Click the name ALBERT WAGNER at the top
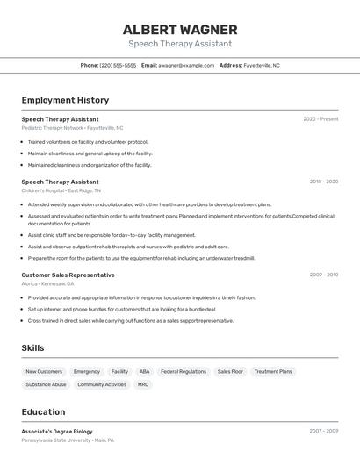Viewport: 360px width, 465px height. pyautogui.click(x=180, y=30)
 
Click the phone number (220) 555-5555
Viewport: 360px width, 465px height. pyautogui.click(x=118, y=66)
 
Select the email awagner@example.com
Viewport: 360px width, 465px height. pyautogui.click(x=186, y=66)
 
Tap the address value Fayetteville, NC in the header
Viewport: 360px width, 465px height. pyautogui.click(x=262, y=66)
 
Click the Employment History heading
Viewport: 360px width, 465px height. pyautogui.click(x=65, y=100)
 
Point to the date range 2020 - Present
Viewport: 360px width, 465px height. pyautogui.click(x=320, y=119)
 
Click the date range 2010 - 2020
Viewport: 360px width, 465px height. pyautogui.click(x=323, y=182)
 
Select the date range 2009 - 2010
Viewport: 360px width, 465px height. pyautogui.click(x=323, y=275)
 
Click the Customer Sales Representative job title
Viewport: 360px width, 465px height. pyautogui.click(x=68, y=275)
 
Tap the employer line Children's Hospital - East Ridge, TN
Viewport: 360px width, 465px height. pyautogui.click(x=61, y=190)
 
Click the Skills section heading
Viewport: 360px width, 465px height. pyautogui.click(x=32, y=348)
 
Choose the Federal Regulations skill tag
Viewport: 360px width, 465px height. pyautogui.click(x=184, y=372)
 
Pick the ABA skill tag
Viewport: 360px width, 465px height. pyautogui.click(x=144, y=372)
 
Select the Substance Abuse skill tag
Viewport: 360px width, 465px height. pyautogui.click(x=46, y=384)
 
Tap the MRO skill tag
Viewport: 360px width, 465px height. pyautogui.click(x=143, y=384)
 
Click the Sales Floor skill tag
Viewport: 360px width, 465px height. pyautogui.click(x=230, y=372)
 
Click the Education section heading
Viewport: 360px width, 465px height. pyautogui.click(x=43, y=412)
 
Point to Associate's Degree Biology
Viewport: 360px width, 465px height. pyautogui.click(x=57, y=431)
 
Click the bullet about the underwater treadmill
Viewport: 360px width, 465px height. pyautogui.click(x=140, y=259)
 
